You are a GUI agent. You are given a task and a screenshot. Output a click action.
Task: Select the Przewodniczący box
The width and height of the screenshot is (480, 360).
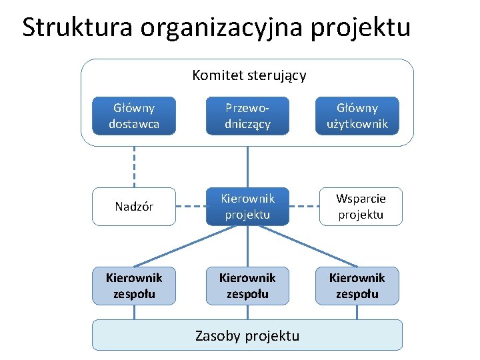pos(247,116)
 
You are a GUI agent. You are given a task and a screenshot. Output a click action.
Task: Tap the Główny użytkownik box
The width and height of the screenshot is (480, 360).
pos(357,116)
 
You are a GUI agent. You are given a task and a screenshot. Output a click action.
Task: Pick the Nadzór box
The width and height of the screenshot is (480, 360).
pos(134,207)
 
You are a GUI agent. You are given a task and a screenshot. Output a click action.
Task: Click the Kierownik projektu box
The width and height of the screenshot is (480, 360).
pos(247,207)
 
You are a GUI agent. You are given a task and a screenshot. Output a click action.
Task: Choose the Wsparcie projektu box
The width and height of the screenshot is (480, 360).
pos(361,207)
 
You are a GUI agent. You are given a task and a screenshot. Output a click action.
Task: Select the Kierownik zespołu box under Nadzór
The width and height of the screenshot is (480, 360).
pos(134,285)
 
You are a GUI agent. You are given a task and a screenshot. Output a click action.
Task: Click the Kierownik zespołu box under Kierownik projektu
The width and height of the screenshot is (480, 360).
pos(247,285)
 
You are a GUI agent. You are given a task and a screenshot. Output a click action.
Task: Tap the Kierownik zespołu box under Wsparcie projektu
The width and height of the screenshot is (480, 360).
pos(357,285)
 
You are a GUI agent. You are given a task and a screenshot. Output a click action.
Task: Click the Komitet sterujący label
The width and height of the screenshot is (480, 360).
pos(249,75)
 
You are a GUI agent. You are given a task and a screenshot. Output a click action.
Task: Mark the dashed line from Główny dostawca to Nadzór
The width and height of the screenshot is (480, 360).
pos(134,167)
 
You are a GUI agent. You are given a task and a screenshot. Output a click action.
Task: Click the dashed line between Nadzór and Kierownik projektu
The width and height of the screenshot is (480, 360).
pos(190,207)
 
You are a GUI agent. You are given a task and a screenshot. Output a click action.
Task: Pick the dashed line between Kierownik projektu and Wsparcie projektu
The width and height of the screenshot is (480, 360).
pos(305,207)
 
